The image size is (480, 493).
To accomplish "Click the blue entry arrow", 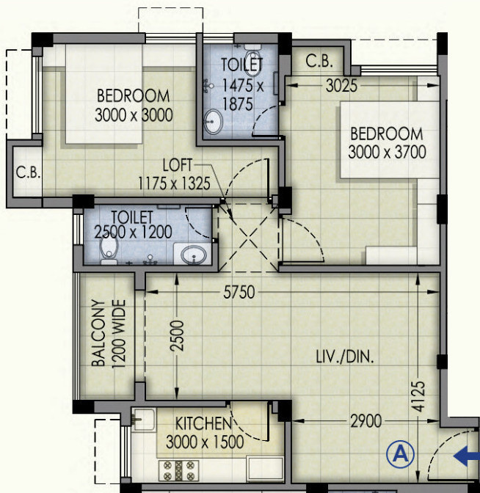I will pyautogui.click(x=466, y=457).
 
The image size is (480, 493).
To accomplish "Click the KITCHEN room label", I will pyautogui.click(x=203, y=424).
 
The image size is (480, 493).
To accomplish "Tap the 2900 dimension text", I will pyautogui.click(x=365, y=423).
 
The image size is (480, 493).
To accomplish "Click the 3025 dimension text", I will pyautogui.click(x=341, y=86).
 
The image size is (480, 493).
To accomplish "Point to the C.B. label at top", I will pyautogui.click(x=319, y=62).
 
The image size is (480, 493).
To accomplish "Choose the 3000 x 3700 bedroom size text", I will pyautogui.click(x=387, y=152).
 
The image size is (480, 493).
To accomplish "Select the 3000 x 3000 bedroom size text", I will pyautogui.click(x=134, y=114).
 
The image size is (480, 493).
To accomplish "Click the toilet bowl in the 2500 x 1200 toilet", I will pyautogui.click(x=109, y=253).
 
